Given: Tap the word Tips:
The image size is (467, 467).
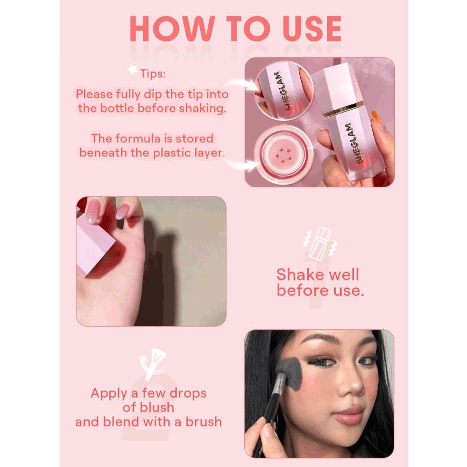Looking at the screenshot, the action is coord(152,74).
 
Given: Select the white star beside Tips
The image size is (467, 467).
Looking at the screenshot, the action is coord(132,69).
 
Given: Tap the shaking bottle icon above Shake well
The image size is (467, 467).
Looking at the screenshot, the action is coord(320,243).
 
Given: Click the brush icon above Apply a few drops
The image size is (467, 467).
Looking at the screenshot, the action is coord(152,364).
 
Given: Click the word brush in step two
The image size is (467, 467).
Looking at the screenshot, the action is coord(204,422).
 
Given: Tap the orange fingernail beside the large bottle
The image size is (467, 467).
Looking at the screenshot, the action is coord(376,119).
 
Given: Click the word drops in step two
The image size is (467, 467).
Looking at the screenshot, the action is coord(188,393).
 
